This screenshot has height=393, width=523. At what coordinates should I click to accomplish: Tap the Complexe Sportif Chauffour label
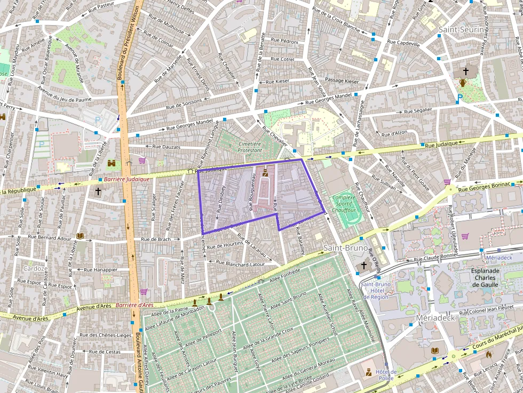[344, 204]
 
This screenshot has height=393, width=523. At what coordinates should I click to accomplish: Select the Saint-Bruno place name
[345, 248]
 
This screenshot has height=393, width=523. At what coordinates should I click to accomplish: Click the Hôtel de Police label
[385, 375]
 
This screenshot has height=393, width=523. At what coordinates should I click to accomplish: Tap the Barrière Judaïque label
[126, 179]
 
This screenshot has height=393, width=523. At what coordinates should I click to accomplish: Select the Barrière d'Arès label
[134, 305]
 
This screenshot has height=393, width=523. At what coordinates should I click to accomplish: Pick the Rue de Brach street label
[156, 239]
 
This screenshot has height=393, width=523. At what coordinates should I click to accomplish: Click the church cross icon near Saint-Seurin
[466, 71]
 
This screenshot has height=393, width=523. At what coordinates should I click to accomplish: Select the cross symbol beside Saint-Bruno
[364, 264]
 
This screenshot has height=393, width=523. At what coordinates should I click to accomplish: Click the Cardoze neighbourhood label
[36, 268]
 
